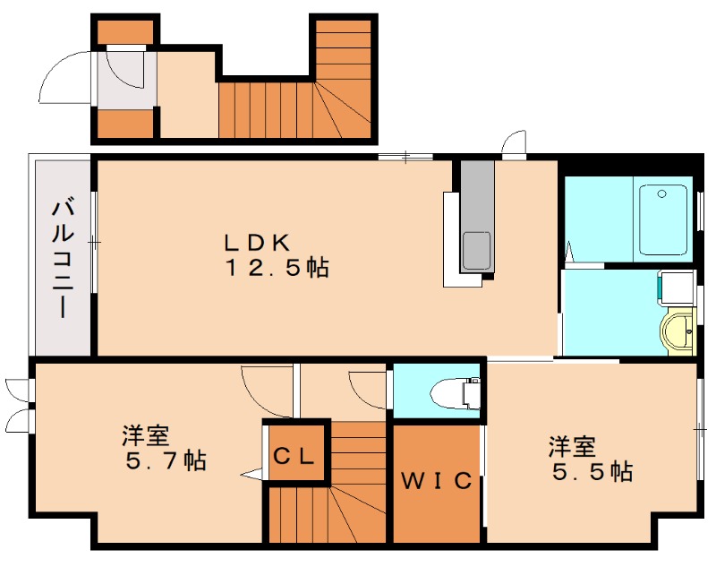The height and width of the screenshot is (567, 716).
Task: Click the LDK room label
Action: [257, 243]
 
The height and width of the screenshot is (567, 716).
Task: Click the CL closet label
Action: [294, 456]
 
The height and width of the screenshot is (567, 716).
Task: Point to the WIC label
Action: [436, 481]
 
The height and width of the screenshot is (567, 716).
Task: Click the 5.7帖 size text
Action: [166, 460]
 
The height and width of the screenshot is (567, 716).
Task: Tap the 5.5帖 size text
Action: [592, 471]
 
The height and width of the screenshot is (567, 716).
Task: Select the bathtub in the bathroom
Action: [663, 219]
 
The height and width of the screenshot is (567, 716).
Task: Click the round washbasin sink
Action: [678, 331]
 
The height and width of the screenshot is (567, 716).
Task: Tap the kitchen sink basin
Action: [477, 251]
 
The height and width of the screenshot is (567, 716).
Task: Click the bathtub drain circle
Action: [661, 194]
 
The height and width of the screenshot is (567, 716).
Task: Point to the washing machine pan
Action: [678, 287]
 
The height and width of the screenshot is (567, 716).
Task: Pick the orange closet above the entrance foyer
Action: [125, 32]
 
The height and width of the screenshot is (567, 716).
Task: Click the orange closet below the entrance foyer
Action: [125, 124]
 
